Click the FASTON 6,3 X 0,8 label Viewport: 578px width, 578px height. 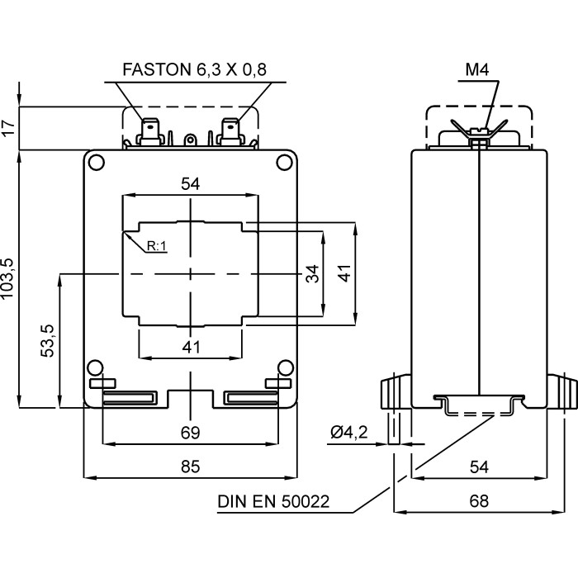(195, 69)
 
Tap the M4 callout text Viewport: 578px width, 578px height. (477, 70)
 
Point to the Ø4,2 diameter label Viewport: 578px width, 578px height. (348, 432)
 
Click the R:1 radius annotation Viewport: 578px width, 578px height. (157, 246)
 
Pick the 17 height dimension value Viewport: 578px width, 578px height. (9, 128)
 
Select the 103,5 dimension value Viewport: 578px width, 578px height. (9, 278)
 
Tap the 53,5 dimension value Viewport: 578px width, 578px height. (48, 340)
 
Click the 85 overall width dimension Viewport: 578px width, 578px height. (191, 467)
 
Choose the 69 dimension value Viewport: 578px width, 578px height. (191, 433)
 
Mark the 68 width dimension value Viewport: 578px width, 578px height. (479, 500)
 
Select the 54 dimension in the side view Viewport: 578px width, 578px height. (479, 467)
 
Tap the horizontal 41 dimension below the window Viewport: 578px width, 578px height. (191, 348)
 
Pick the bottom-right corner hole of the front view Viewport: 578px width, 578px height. (284, 368)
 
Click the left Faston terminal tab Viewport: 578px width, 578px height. (151, 131)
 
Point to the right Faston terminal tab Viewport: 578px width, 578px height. (230, 131)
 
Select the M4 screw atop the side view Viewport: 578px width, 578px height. (478, 137)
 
